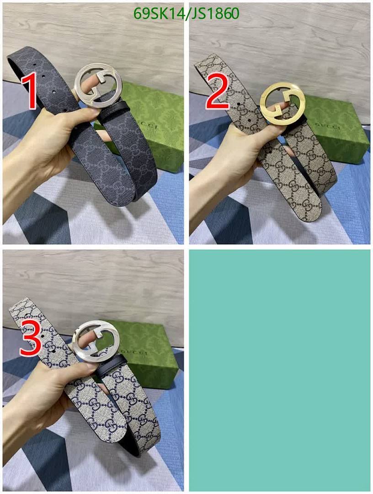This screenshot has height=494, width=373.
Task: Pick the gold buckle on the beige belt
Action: [x=283, y=103]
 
